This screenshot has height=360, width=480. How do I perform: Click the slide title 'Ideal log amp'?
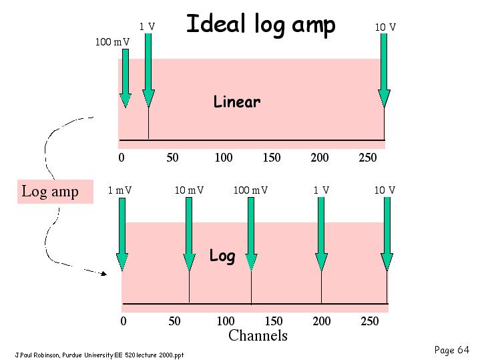[x=261, y=25]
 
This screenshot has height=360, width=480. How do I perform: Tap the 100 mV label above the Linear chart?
[x=112, y=41]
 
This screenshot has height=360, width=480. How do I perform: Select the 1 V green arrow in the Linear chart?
[x=148, y=70]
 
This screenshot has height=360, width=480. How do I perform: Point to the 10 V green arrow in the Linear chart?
[x=384, y=70]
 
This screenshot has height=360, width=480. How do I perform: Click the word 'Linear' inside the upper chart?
[x=237, y=102]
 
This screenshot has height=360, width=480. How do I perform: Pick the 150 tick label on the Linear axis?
[x=272, y=158]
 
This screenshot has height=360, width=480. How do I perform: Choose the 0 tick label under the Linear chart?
[x=122, y=158]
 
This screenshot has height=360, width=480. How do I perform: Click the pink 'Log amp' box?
[x=55, y=192]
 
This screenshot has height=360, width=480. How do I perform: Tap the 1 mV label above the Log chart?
[x=119, y=190]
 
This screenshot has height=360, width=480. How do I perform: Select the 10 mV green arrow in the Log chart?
[x=189, y=234]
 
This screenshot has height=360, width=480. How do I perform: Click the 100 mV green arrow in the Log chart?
[x=251, y=234]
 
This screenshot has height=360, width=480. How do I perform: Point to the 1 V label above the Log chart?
[x=321, y=190]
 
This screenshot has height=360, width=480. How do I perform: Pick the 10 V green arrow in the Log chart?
[x=387, y=234]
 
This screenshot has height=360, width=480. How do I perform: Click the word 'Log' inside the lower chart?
[x=222, y=256]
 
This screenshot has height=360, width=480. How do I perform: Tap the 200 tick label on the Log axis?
[x=321, y=321]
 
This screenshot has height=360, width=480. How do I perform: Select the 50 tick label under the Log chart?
[x=174, y=321]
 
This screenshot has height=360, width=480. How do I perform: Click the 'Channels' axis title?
[x=258, y=335]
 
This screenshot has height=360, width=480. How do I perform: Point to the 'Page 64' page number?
[x=451, y=350]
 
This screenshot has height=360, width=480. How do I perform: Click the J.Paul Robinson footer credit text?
[x=99, y=355]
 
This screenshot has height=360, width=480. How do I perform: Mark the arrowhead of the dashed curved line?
[x=104, y=274]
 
